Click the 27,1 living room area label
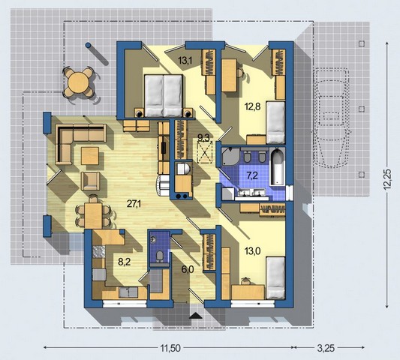(134, 204)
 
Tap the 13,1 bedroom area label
(185, 61)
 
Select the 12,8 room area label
(252, 106)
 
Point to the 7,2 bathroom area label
(252, 175)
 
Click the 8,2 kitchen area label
(125, 261)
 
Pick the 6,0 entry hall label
(188, 269)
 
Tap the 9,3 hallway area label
(203, 138)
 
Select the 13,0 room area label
(253, 251)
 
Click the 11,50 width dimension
(170, 348)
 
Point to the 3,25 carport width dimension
(326, 348)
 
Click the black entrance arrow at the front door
(196, 316)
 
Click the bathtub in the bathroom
(277, 167)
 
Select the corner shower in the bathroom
(230, 157)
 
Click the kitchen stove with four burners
(99, 252)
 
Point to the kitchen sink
(128, 292)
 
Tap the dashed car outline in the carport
(331, 118)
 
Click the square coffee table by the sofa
(90, 156)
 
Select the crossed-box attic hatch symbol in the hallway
(205, 153)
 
